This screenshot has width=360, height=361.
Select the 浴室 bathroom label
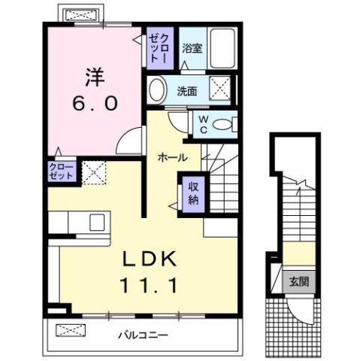tap(192, 50)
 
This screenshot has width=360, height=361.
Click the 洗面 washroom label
tap(187, 90)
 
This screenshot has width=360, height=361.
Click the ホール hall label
tap(172, 158)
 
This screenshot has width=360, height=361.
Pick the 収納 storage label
tap(193, 193)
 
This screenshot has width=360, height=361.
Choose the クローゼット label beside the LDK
tap(62, 171)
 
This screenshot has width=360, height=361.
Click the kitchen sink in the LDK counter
tap(97, 223)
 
